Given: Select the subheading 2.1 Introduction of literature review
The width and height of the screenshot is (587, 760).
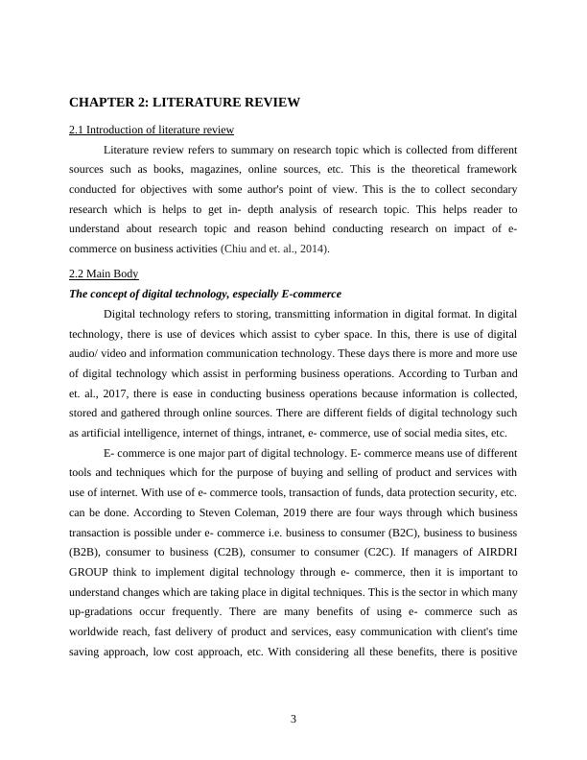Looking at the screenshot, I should [x=152, y=130].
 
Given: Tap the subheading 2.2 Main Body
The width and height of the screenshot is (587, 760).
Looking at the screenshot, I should [x=104, y=273].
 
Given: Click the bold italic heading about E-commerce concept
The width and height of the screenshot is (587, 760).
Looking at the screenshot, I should [x=205, y=294].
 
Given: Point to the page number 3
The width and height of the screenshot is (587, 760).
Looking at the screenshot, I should [x=293, y=721].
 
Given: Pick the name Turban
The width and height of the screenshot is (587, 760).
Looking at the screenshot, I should [x=479, y=372].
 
